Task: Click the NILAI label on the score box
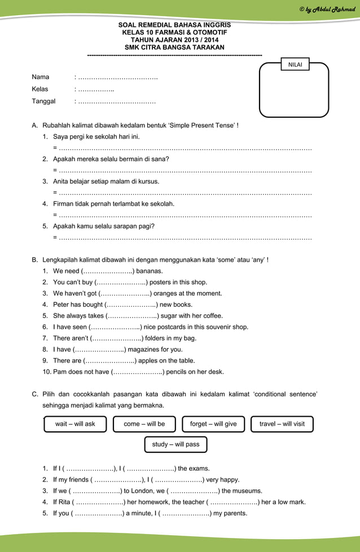point(295,65)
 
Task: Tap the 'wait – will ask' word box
point(75,424)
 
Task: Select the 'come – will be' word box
point(144,424)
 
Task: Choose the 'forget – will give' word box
point(213,424)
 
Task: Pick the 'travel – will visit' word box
point(282,424)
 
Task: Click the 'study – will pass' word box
point(175,444)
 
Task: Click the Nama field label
point(41,77)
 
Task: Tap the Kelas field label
point(40,89)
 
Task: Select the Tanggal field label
point(43,101)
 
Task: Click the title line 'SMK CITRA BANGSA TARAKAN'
point(174,47)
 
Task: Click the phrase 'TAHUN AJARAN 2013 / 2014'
point(174,40)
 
